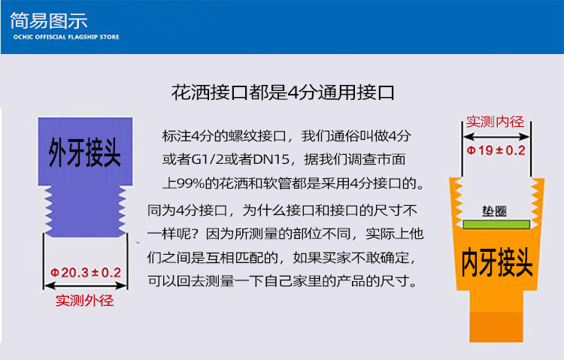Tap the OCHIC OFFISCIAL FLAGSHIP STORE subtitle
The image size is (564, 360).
click(x=66, y=36)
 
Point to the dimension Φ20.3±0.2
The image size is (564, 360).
click(x=85, y=272)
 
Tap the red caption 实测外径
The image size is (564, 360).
click(x=85, y=301)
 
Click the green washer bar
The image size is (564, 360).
click(x=495, y=224)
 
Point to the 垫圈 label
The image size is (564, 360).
click(x=493, y=210)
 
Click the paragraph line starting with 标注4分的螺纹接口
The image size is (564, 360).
click(x=287, y=136)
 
